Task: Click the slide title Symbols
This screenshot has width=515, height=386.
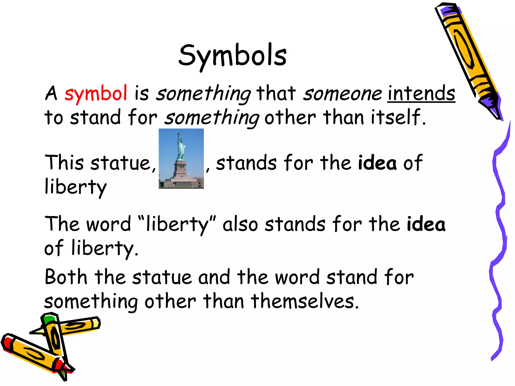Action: point(233,56)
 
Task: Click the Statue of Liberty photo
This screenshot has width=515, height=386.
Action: point(181,159)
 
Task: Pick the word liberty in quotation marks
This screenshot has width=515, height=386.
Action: point(177,224)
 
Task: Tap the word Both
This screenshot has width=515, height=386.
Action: point(66,277)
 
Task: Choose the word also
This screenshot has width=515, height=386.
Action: point(240,224)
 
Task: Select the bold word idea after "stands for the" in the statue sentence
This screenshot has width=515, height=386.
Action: point(377,163)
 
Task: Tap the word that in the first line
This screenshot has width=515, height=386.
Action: point(276,93)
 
